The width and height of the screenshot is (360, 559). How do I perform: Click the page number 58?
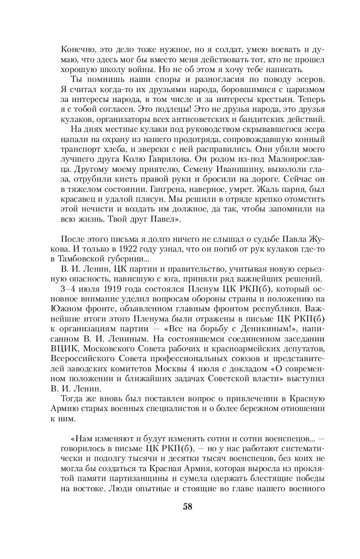(x=188, y=507)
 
